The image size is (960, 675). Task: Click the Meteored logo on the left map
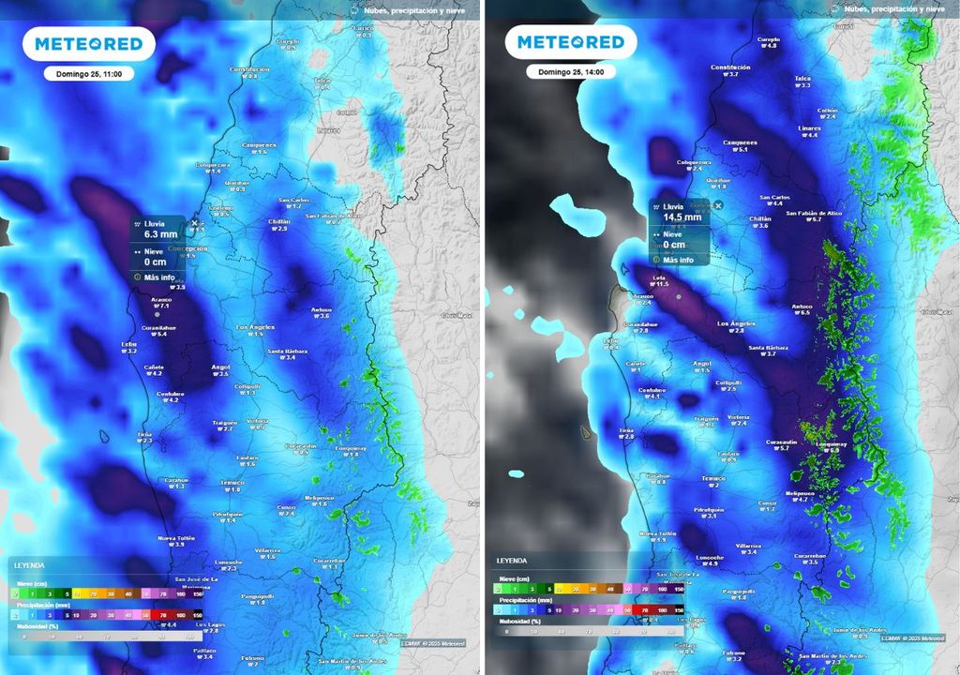tap(89, 43)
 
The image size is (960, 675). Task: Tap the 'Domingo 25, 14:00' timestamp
tap(571, 71)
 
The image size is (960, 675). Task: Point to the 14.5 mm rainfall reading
tap(682, 217)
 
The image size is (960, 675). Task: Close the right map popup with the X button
tap(718, 204)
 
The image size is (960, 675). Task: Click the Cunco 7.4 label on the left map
tap(285, 509)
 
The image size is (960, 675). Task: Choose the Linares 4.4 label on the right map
tap(808, 130)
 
